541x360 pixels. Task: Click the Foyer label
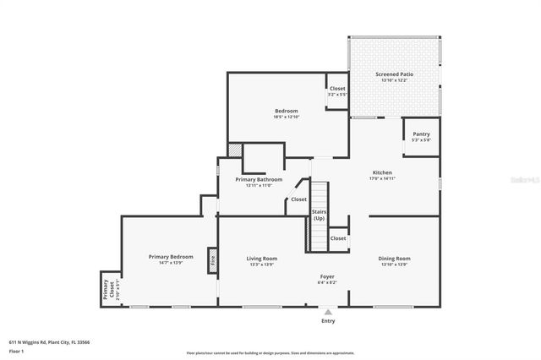327,276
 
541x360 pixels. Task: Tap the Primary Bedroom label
171,256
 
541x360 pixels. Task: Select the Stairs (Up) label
319,215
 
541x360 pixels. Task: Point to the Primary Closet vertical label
107,290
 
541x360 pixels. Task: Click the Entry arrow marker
328,312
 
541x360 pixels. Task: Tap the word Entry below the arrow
328,321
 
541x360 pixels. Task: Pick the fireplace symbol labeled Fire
213,262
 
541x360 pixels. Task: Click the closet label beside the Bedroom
337,89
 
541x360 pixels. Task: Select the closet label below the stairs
338,238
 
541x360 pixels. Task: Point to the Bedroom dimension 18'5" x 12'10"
286,117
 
